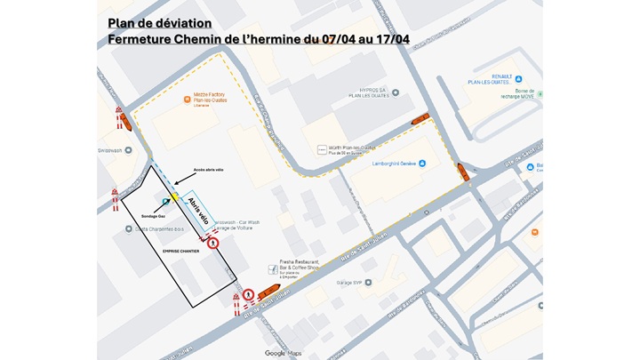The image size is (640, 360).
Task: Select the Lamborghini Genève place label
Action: [x=393, y=164]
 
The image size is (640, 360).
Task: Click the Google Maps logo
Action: [x=283, y=353]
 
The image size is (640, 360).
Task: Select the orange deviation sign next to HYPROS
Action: [x=420, y=120]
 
